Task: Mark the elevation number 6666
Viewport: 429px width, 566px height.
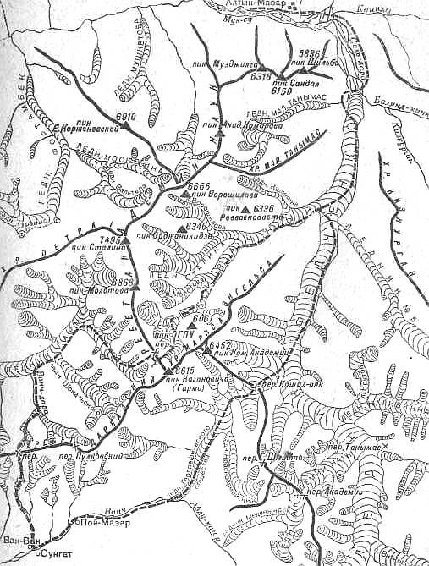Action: pyautogui.click(x=199, y=186)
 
